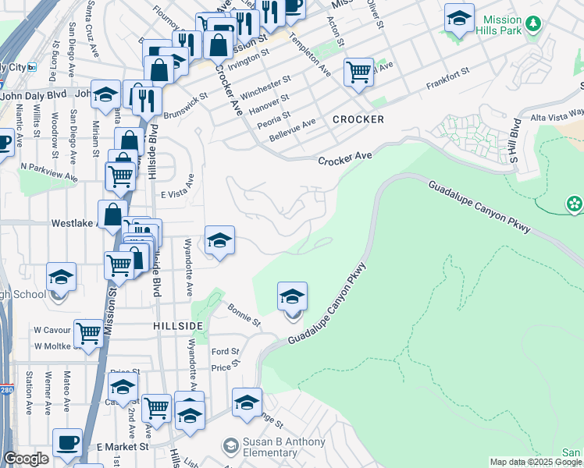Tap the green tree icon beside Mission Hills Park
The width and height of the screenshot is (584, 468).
[x=534, y=24]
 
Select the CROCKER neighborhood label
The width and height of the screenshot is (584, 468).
[x=358, y=119]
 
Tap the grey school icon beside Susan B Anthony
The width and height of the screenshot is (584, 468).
[x=230, y=446]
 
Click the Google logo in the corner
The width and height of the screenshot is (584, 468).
[x=26, y=459]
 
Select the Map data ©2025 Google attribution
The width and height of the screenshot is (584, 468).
[x=536, y=462]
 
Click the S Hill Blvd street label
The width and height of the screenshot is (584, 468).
[x=515, y=141]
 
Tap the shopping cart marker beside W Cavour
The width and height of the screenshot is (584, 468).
[x=89, y=333]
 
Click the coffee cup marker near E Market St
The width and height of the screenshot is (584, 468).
[x=68, y=442]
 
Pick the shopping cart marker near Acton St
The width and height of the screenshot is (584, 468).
[x=358, y=72]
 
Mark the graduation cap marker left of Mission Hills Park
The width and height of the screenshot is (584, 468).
[x=459, y=17]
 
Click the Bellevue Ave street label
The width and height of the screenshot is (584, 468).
[x=292, y=128]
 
